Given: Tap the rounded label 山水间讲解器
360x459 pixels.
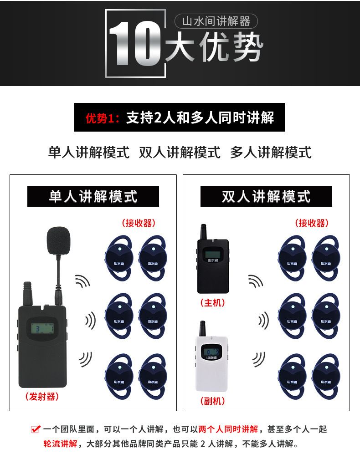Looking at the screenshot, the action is coord(216,21).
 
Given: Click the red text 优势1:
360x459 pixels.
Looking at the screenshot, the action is coord(103,118).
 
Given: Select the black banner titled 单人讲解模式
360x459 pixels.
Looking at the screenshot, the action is coord(93,196).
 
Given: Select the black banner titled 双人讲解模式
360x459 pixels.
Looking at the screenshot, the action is coord(266,196).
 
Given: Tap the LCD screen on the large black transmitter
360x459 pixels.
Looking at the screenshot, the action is coord(43,328).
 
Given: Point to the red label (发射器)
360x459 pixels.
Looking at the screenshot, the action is coord(42,397).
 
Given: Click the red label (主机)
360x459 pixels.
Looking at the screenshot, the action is coord(213,302).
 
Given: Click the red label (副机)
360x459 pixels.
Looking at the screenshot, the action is coord(213,401).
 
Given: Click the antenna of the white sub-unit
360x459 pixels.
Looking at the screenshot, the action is coord(202,328).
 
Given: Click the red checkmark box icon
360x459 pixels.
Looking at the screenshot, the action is coord(36,429).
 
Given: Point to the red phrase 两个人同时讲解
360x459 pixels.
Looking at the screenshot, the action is coord(228,429).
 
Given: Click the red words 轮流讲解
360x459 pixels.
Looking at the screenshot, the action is coord(60,444).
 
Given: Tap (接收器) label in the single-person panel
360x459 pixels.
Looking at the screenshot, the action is coord(139,223).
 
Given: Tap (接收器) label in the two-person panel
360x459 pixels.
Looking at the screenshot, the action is coord(312,223).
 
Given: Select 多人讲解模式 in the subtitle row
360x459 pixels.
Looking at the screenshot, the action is coord(271,153).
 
